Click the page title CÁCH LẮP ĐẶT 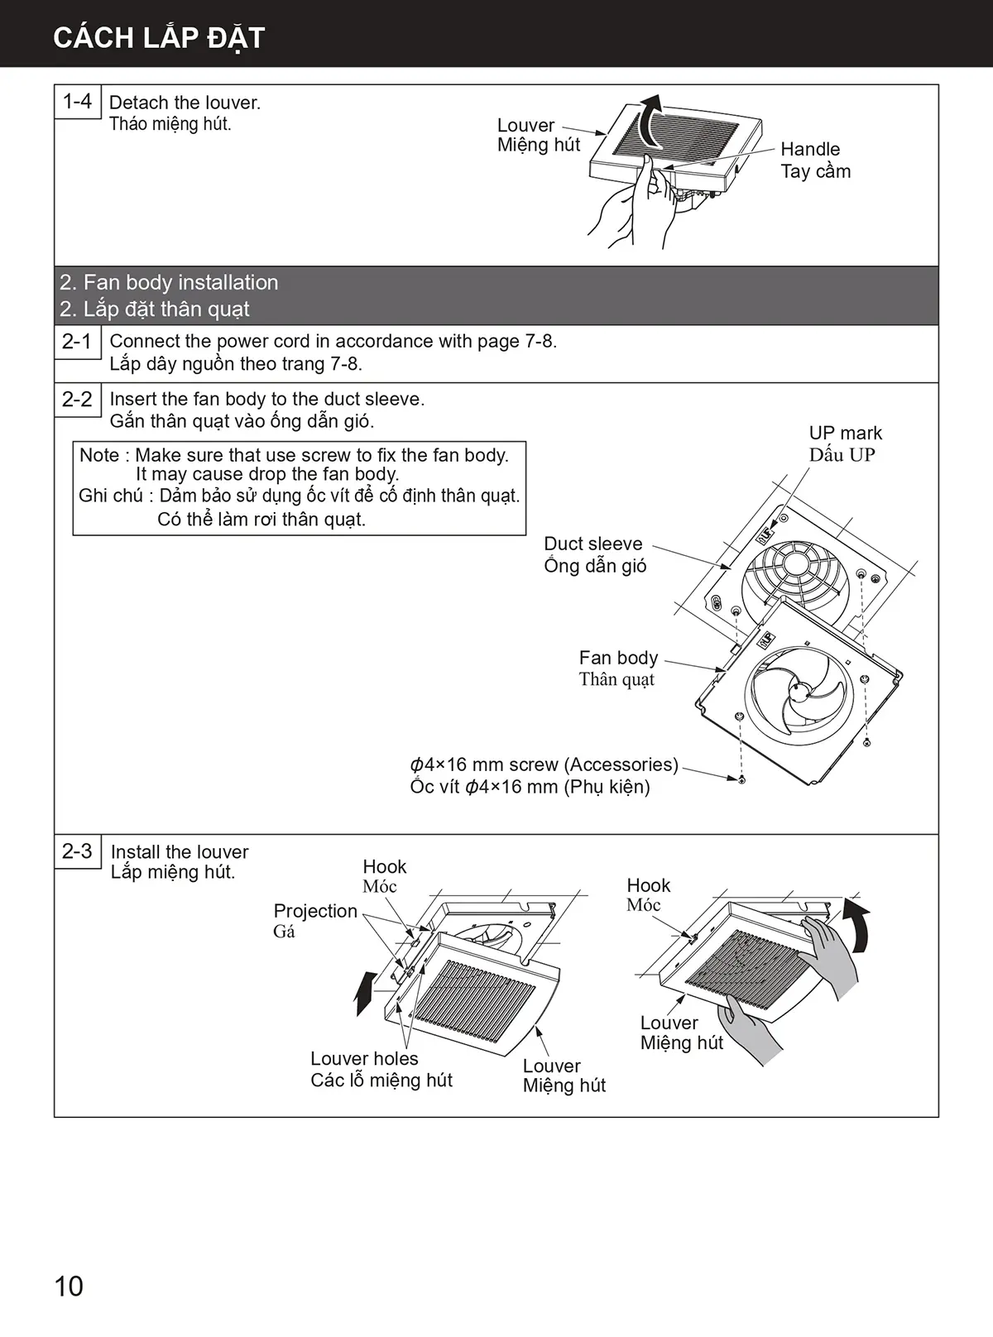(x=158, y=38)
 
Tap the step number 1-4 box (x=78, y=102)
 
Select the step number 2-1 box (x=78, y=341)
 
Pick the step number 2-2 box (x=78, y=399)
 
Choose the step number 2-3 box (x=78, y=851)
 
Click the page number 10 (x=69, y=1286)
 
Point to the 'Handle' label (x=810, y=150)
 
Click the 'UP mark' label (x=845, y=433)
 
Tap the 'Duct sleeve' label (x=592, y=544)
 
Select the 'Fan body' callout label (x=618, y=658)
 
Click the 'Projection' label (x=315, y=911)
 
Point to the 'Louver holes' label (x=364, y=1058)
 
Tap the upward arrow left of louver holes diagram (x=362, y=993)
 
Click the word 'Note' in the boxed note (x=98, y=455)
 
